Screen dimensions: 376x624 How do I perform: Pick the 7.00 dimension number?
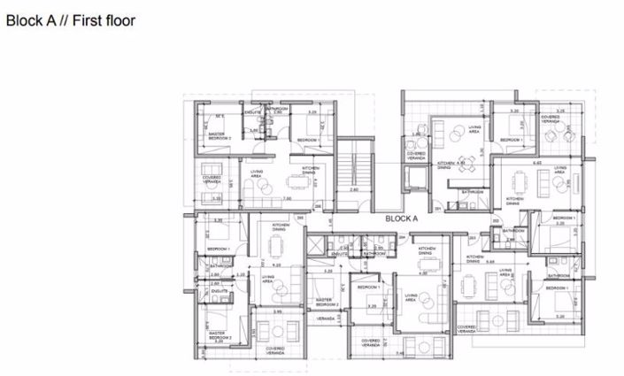[286, 198]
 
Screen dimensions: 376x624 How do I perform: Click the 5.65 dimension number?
[276, 265]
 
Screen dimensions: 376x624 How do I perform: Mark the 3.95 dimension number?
[277, 311]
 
